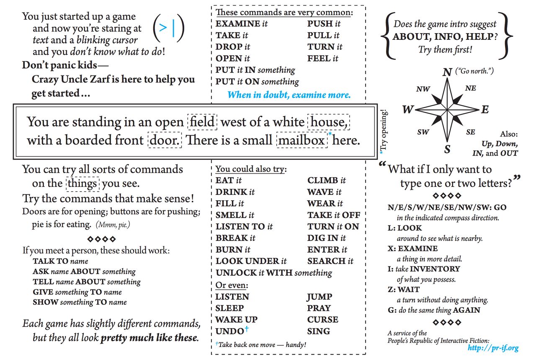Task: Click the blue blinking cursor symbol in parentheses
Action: pyautogui.click(x=169, y=28)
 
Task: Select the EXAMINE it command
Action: pyautogui.click(x=241, y=24)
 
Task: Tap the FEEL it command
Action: pyautogui.click(x=322, y=59)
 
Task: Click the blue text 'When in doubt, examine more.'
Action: pyautogui.click(x=289, y=95)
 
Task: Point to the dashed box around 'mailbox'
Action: pyautogui.click(x=301, y=140)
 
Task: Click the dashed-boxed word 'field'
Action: pyautogui.click(x=202, y=122)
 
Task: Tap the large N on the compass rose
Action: pyautogui.click(x=447, y=73)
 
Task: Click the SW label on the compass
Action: pyautogui.click(x=423, y=132)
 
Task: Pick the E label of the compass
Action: pyautogui.click(x=485, y=110)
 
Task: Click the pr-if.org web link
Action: pyautogui.click(x=493, y=348)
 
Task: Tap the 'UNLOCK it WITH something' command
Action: pyautogui.click(x=274, y=273)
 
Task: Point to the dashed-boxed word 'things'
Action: pyautogui.click(x=82, y=184)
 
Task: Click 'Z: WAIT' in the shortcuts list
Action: pyautogui.click(x=404, y=290)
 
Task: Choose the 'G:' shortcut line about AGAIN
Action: pyautogui.click(x=434, y=311)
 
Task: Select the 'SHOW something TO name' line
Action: pyautogui.click(x=80, y=302)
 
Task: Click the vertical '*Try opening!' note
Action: pyautogui.click(x=384, y=130)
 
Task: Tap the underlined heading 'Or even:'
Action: pyautogui.click(x=232, y=285)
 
